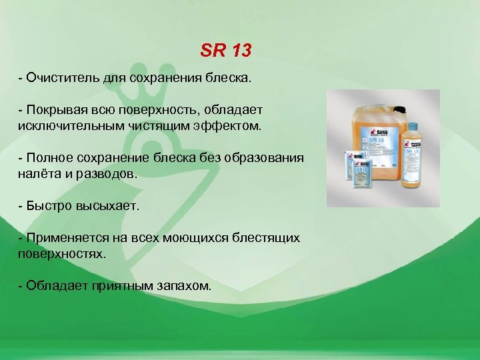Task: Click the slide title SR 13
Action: (226, 50)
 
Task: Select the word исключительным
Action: (67, 125)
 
